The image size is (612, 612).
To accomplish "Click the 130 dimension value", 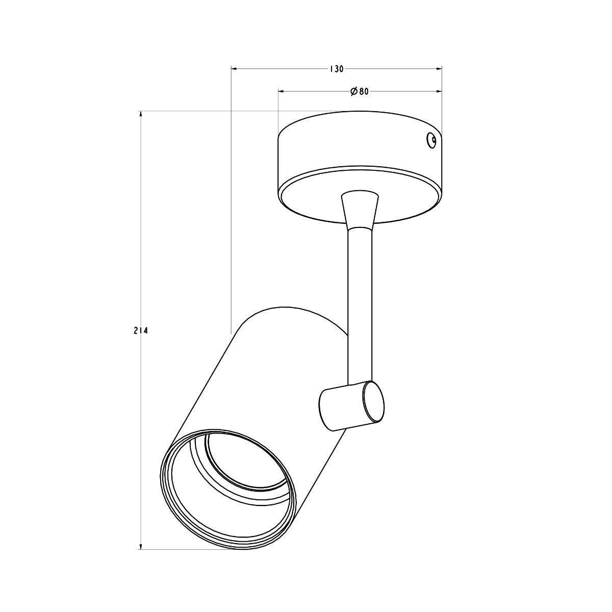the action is tap(336, 69).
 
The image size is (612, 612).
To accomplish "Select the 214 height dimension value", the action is tap(141, 331).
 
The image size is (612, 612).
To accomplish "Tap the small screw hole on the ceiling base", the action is tap(431, 140).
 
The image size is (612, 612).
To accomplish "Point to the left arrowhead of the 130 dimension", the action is tap(234, 68).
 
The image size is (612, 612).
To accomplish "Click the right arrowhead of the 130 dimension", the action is tap(439, 68).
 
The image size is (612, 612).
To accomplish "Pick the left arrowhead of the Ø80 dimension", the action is tap(282, 91).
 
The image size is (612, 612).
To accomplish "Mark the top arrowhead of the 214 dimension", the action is tap(140, 114).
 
